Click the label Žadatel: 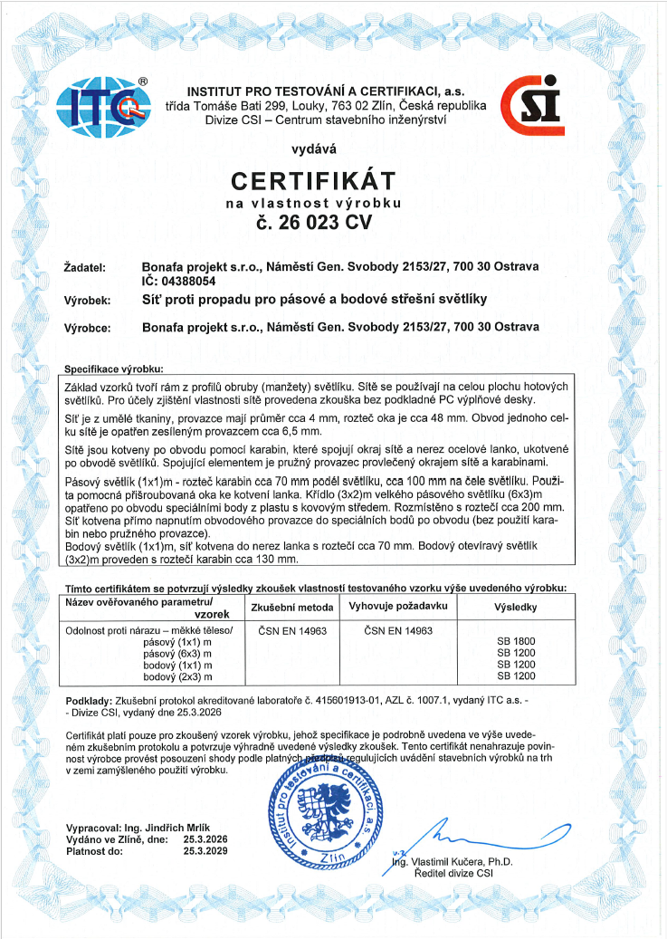[x=86, y=268]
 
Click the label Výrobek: [x=88, y=300]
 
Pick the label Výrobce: [x=88, y=327]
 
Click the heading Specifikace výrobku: [x=114, y=369]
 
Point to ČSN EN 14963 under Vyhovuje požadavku [x=397, y=629]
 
